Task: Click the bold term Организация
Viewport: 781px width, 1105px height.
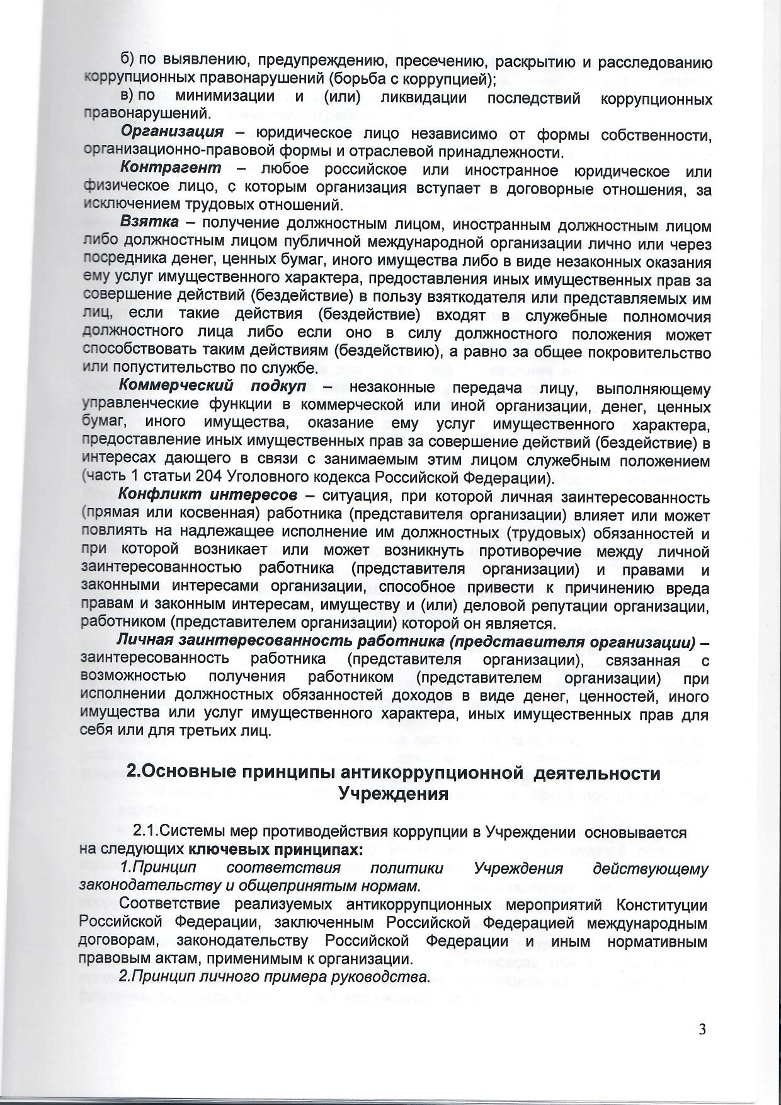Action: coord(172,133)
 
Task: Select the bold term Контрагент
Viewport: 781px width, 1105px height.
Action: coord(171,170)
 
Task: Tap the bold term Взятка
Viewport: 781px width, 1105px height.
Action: coord(149,224)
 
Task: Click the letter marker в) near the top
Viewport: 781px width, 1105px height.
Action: coord(128,97)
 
